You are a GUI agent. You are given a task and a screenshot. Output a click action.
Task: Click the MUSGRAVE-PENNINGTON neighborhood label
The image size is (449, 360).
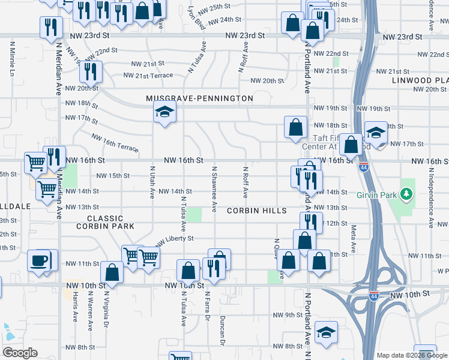[199, 98]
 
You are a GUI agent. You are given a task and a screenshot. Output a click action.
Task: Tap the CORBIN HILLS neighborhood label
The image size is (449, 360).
[256, 211]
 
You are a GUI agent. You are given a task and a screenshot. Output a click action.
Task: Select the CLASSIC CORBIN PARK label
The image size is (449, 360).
[105, 222]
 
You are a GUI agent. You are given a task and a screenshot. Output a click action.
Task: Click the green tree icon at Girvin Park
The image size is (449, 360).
[407, 194]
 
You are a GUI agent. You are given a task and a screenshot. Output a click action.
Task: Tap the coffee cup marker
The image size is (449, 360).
[40, 261]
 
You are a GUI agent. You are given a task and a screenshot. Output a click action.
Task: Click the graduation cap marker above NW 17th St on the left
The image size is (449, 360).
[164, 112]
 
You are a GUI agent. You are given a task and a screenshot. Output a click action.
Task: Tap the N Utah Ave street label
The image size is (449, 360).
[152, 182]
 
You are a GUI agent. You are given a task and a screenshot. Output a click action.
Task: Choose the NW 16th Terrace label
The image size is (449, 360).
[115, 142]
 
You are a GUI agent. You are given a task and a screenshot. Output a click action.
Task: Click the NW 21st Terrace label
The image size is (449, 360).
[148, 76]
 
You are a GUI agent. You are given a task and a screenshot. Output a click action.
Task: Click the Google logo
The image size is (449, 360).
[20, 353]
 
